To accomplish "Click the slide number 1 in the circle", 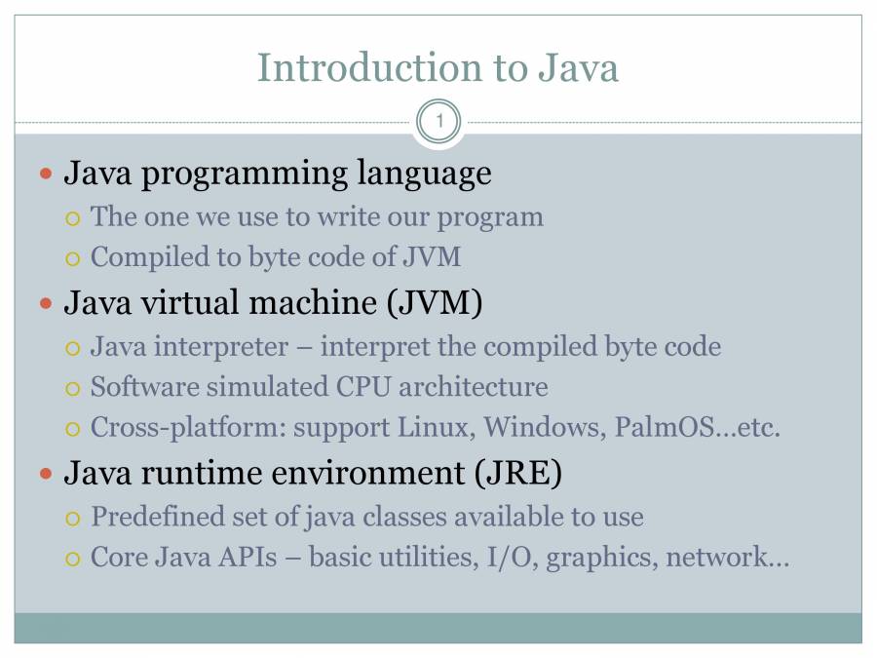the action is click(439, 121).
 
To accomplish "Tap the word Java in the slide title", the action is click(578, 67).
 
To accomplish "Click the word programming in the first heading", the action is click(245, 174).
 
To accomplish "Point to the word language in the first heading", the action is click(425, 174).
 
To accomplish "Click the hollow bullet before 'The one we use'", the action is click(73, 218).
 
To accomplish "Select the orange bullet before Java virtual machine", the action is click(46, 304).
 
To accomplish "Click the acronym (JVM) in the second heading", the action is click(434, 303).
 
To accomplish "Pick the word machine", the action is click(313, 303).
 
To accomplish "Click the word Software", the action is click(145, 387).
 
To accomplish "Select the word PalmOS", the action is click(665, 428).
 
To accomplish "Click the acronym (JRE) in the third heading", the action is click(518, 474).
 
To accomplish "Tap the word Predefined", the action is click(158, 517).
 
